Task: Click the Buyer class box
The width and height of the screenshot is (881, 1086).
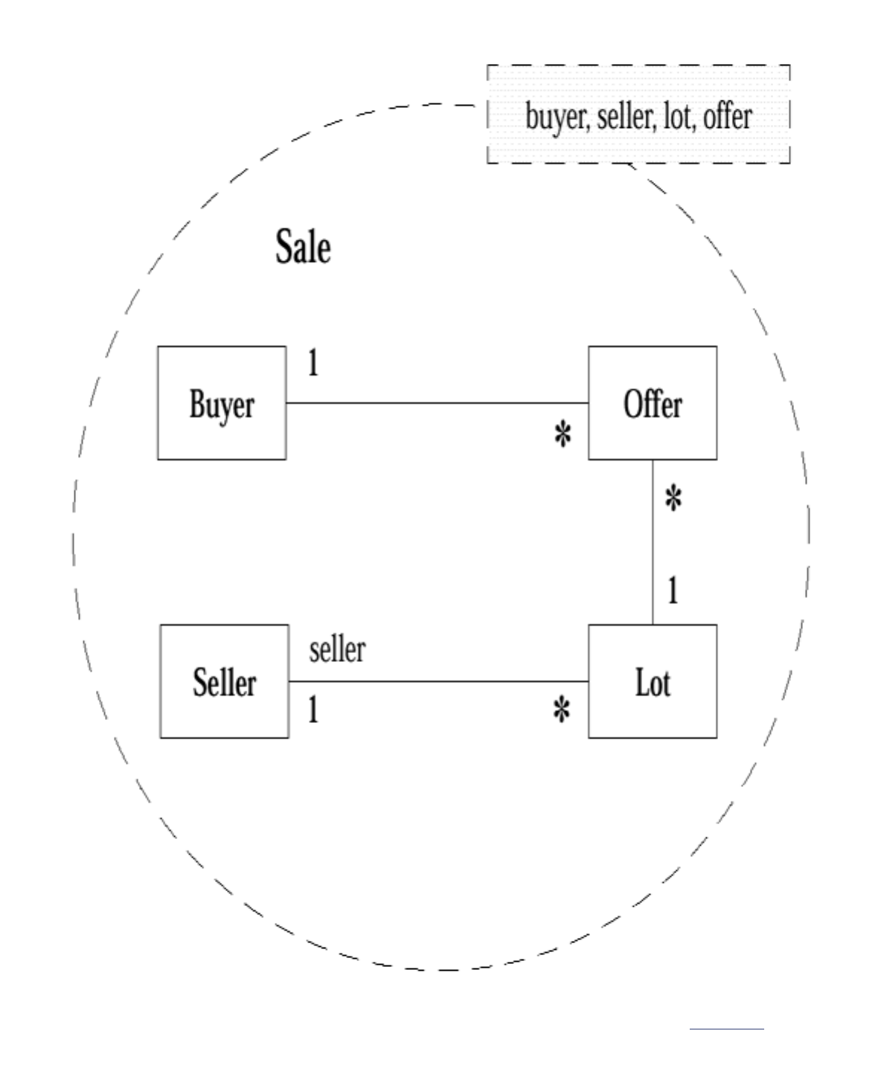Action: [x=222, y=403]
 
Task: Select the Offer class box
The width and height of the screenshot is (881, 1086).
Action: [x=653, y=403]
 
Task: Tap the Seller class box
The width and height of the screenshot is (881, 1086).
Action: [x=224, y=681]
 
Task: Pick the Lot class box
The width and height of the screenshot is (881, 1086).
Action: [x=653, y=681]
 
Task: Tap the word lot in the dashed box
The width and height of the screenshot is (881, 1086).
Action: [x=678, y=116]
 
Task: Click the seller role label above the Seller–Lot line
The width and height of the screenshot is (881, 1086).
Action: [x=337, y=649]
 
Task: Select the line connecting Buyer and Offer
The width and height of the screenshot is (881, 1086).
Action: [x=437, y=403]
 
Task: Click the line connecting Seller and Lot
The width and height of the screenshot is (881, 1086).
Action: [x=438, y=681]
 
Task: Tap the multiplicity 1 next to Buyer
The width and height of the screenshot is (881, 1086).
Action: [x=313, y=363]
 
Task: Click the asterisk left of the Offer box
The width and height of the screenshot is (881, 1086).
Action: [x=563, y=434]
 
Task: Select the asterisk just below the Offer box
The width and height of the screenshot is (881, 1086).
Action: [x=673, y=498]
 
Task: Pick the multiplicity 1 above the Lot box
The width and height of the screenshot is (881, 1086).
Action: [x=673, y=591]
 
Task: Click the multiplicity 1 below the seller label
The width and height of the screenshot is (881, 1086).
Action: [x=313, y=710]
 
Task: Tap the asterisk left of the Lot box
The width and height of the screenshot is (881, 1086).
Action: [x=563, y=710]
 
